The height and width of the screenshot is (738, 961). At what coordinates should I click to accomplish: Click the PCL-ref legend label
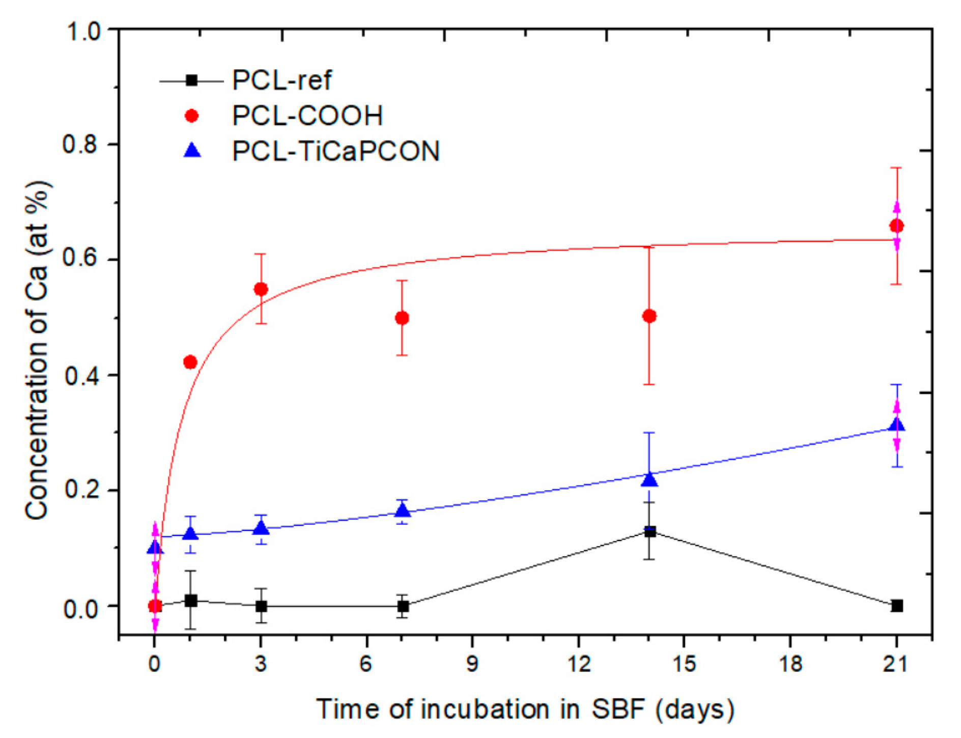pos(281,80)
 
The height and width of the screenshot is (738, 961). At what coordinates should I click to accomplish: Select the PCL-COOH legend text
pos(307,116)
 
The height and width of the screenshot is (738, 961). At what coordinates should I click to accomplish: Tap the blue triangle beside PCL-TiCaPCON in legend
pos(192,150)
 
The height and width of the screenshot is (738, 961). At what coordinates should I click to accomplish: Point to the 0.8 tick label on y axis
pos(80,145)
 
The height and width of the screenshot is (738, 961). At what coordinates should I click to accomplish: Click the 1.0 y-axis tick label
pos(84,32)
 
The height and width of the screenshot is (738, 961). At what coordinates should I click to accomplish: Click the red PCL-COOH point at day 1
pos(190,362)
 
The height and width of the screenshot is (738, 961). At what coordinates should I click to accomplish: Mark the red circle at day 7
pos(402,318)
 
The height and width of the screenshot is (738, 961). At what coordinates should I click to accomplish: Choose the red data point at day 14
pos(649,316)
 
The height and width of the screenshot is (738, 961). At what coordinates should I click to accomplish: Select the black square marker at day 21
pos(897,606)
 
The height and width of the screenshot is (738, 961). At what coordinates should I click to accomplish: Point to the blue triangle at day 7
pos(403,510)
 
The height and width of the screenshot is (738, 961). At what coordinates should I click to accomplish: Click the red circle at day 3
pos(261,289)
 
